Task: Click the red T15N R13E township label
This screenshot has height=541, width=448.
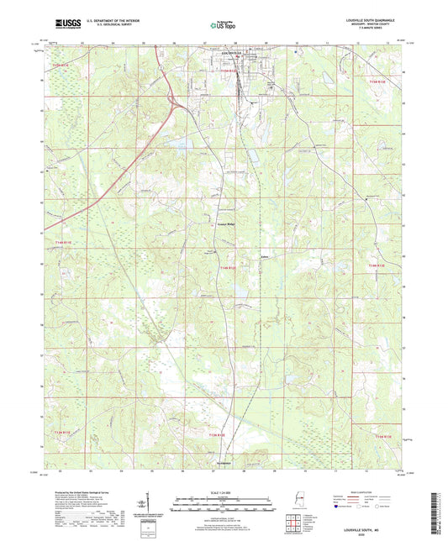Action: click(382, 81)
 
